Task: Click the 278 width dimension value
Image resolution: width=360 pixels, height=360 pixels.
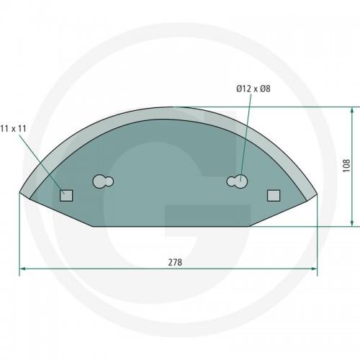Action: click(175, 262)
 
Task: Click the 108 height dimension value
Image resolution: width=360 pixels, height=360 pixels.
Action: click(347, 166)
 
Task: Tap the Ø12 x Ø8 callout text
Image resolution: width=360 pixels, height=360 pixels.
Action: click(253, 89)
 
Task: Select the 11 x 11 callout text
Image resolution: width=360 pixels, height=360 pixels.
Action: click(13, 129)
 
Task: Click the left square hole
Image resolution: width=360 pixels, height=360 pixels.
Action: click(66, 195)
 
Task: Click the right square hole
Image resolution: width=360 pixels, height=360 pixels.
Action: click(274, 195)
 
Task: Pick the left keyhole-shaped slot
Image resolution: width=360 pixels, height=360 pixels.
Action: click(103, 181)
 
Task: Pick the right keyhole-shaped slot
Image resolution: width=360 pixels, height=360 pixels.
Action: click(237, 181)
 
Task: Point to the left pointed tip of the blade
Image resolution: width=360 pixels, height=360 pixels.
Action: click(19, 192)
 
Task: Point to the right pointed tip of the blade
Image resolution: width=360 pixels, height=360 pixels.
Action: click(317, 193)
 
